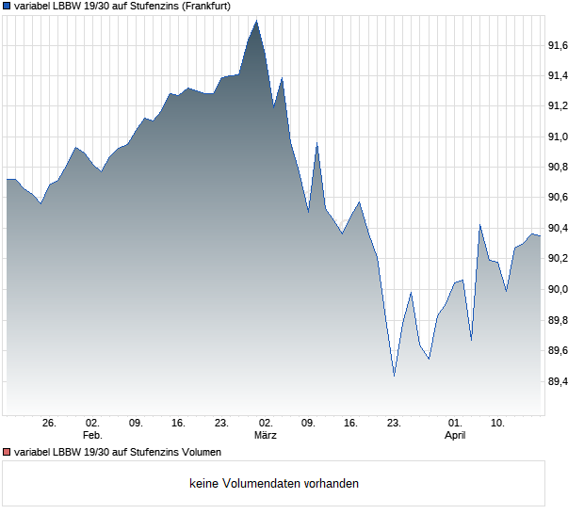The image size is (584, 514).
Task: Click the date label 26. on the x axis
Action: point(49,423)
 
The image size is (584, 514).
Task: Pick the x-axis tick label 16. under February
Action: point(179,423)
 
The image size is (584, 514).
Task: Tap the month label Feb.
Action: point(91,435)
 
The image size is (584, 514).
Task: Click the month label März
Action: point(266,435)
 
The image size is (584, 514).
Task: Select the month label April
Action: point(455,435)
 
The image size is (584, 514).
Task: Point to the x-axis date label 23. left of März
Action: point(222,423)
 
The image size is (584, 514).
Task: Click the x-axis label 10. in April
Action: point(498,423)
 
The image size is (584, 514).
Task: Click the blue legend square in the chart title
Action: point(8,7)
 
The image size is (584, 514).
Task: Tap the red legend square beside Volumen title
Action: point(8,453)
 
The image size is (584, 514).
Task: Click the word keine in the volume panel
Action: point(204,484)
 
